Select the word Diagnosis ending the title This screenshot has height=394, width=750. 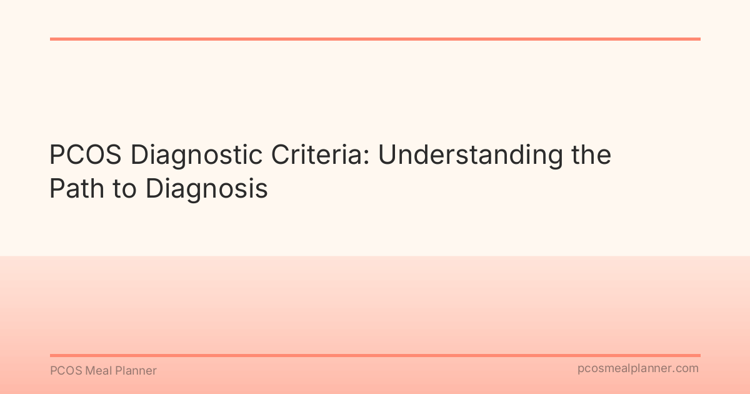[x=207, y=189]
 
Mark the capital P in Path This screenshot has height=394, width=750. [x=57, y=189]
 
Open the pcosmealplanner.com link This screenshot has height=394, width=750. [x=637, y=369]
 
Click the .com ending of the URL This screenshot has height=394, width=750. [x=686, y=369]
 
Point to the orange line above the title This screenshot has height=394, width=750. [x=375, y=39]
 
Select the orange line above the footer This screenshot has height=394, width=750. [x=375, y=355]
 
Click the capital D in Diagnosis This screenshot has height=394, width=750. [x=154, y=189]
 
